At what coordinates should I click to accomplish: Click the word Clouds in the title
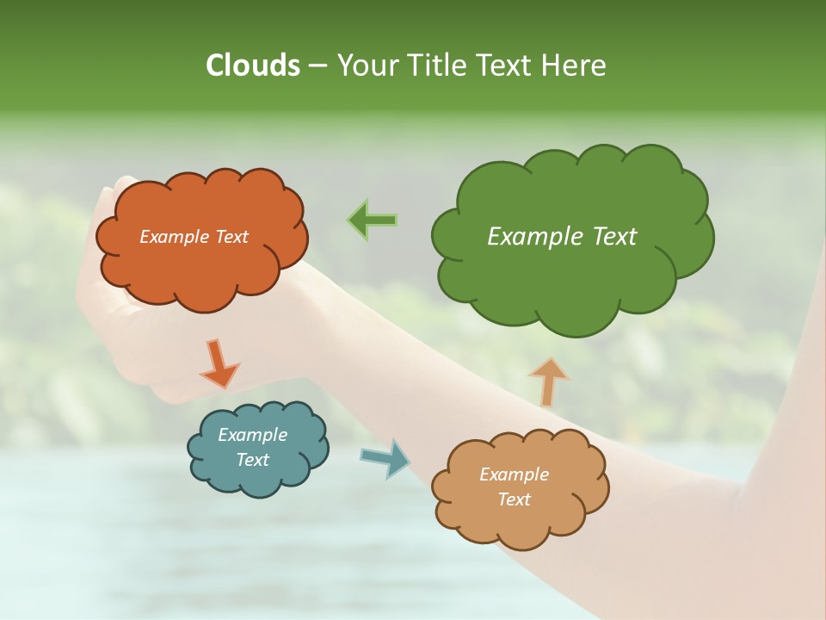pos(253,65)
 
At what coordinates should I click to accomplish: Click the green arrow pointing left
pos(373,220)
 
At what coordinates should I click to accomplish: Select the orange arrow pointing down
pos(219,363)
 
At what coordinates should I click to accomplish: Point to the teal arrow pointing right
pos(385,458)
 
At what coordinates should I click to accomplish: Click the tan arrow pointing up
pos(548,381)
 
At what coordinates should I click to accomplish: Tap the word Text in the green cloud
pos(613,237)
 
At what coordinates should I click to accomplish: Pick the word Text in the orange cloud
pos(231,237)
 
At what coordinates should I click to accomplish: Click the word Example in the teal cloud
pos(252,435)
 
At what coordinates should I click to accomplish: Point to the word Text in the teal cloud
pos(253,460)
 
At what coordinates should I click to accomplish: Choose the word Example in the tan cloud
pos(514,474)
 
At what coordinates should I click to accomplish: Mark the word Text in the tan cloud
pos(514,499)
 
